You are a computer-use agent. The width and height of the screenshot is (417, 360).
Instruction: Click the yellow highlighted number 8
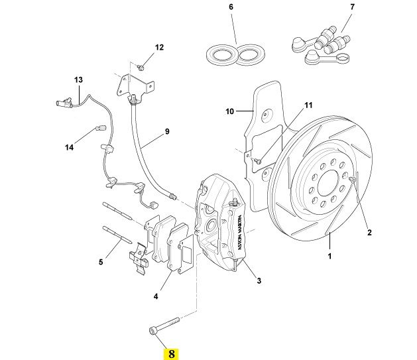point(172,353)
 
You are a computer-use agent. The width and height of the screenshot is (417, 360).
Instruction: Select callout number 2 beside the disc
point(370,232)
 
